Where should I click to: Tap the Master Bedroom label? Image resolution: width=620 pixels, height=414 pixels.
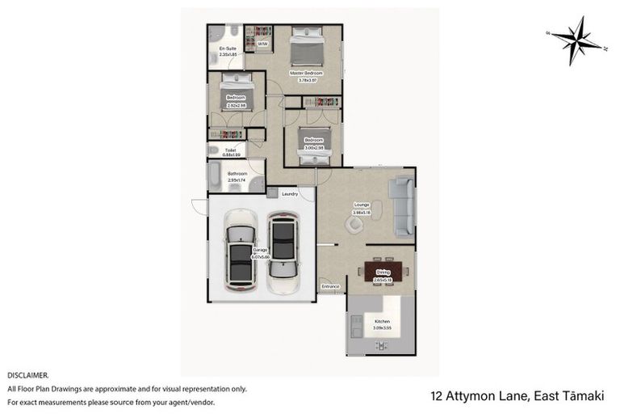pyautogui.click(x=306, y=73)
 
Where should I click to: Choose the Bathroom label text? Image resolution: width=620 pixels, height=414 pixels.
pyautogui.click(x=237, y=173)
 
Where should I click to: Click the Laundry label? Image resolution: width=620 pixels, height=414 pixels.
pyautogui.click(x=290, y=194)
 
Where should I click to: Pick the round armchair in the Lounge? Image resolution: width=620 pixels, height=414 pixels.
pyautogui.click(x=355, y=223)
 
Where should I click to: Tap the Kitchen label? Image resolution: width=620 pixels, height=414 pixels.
pyautogui.click(x=381, y=322)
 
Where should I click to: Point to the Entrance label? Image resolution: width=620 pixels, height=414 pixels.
pyautogui.click(x=330, y=286)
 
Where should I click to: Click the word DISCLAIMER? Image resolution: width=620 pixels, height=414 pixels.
pyautogui.click(x=28, y=376)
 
